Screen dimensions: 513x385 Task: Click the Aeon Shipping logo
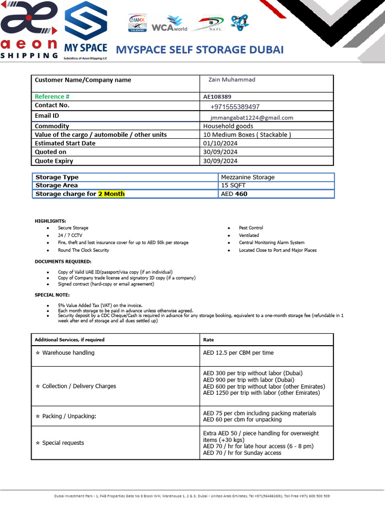point(29,30)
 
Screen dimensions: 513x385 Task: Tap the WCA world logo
point(169,24)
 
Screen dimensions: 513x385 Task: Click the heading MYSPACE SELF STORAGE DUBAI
point(200,50)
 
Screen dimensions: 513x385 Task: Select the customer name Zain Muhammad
point(232,80)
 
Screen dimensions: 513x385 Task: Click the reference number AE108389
point(217,97)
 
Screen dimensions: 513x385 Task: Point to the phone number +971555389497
point(235,107)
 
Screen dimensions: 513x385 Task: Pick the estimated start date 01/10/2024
point(220,143)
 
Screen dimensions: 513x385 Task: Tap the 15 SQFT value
point(234,185)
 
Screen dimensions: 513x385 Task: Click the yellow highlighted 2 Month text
point(111,194)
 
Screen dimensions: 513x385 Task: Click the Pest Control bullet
point(251,228)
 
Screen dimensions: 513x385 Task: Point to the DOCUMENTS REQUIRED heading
point(63,262)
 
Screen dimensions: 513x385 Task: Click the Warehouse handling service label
point(68,353)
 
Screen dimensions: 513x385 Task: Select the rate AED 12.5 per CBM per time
point(238,353)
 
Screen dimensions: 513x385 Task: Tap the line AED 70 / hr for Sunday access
point(242,453)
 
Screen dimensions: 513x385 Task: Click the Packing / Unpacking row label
point(69,416)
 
